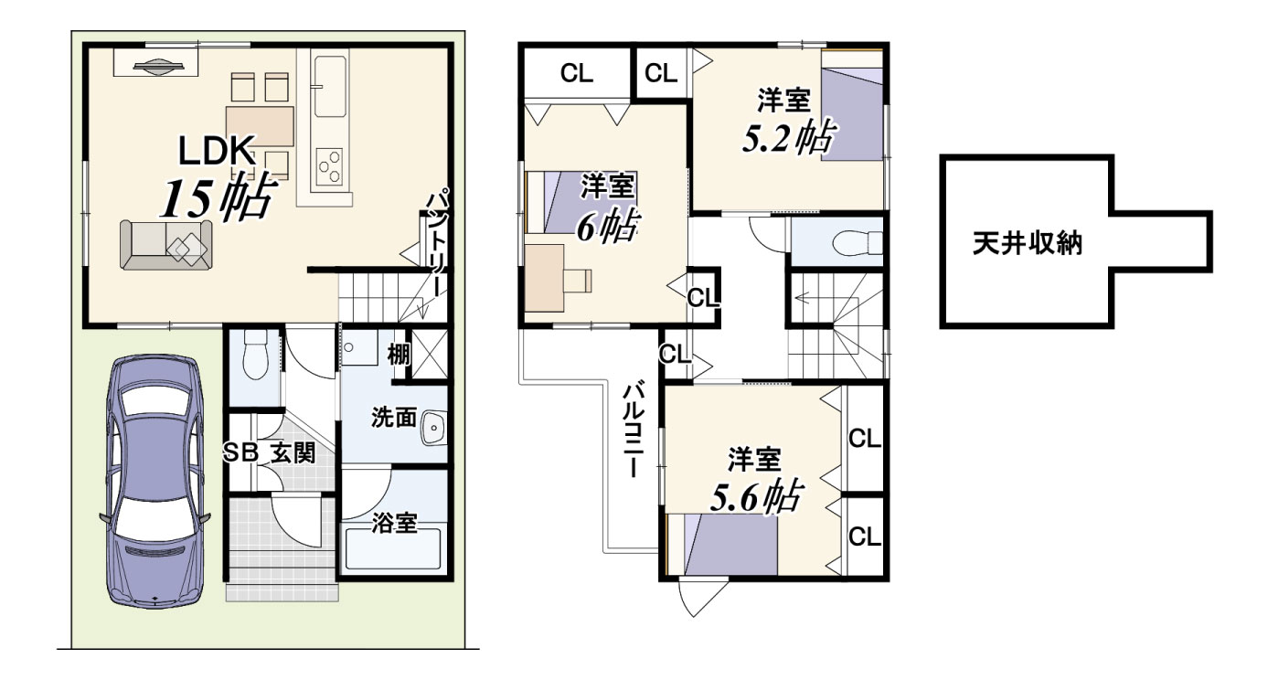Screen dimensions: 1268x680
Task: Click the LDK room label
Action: point(216,151)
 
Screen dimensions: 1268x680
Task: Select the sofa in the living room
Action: point(165,244)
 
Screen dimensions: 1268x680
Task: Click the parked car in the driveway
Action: point(155,482)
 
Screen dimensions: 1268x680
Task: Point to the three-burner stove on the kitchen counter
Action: point(329,166)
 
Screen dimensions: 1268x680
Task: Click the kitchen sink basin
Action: point(330,86)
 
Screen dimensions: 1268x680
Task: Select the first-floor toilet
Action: point(255,355)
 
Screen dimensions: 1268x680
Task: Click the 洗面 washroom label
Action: point(394,418)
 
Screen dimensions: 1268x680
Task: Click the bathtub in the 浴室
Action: point(393,548)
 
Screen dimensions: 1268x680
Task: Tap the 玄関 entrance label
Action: point(293,453)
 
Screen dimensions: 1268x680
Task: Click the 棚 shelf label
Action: point(398,355)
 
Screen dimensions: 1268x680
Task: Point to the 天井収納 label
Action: point(1028,243)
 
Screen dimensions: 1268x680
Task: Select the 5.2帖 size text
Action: point(789,138)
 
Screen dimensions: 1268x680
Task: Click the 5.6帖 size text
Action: point(756,496)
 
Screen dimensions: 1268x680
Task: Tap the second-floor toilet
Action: point(858,243)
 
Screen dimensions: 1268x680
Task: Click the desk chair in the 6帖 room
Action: point(578,281)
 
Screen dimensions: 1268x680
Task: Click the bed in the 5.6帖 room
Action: point(730,544)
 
